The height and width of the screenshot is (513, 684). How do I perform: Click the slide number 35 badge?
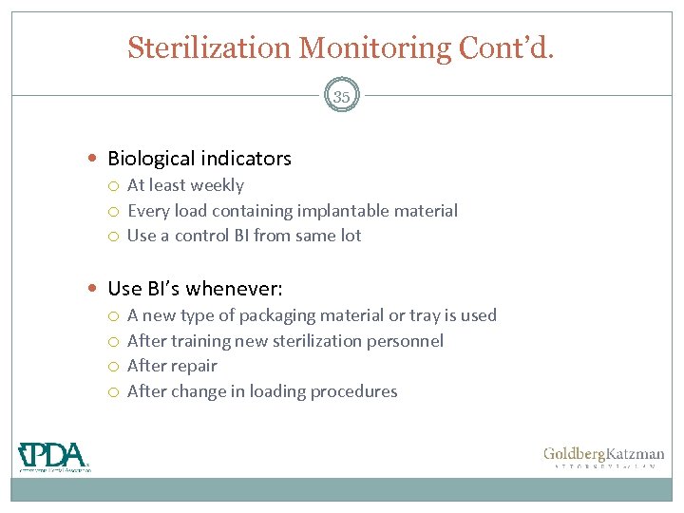342,96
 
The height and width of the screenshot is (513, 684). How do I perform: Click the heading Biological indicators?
199,159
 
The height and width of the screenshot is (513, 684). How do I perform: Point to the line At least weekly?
185,185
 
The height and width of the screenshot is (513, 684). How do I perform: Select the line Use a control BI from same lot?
244,236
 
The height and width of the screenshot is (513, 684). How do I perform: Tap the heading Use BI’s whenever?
195,288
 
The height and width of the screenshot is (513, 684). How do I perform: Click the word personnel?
407,340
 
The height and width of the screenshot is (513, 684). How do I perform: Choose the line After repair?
172,366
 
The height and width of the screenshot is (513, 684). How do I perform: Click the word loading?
273,391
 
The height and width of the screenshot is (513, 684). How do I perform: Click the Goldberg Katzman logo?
603,458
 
